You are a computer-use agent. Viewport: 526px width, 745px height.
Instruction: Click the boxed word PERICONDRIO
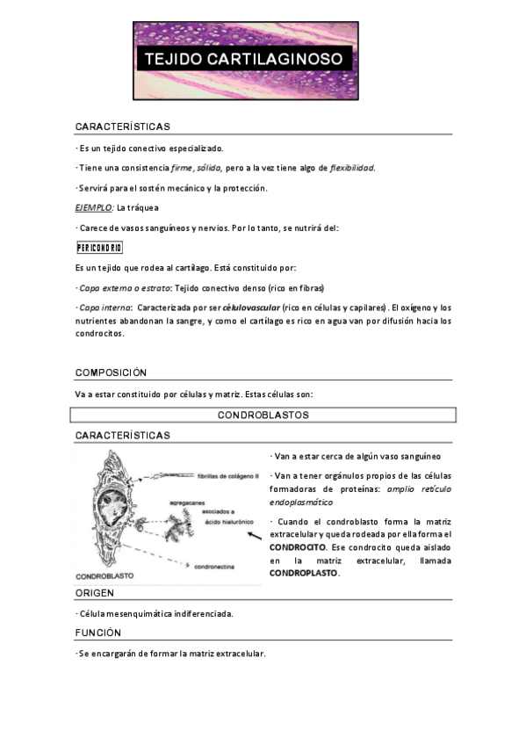click(98, 248)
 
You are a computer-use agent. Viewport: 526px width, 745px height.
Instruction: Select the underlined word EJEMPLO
click(93, 207)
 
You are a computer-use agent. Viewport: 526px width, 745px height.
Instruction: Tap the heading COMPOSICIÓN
click(111, 372)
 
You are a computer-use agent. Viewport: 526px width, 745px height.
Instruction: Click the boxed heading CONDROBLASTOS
click(263, 415)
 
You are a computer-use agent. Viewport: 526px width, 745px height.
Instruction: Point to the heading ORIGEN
click(95, 594)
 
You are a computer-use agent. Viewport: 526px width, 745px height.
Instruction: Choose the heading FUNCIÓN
click(98, 633)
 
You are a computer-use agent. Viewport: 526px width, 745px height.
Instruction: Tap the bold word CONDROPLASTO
click(304, 573)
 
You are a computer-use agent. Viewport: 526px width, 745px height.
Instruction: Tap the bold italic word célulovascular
click(251, 308)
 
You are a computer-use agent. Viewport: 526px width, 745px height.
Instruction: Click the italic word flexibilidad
click(351, 168)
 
